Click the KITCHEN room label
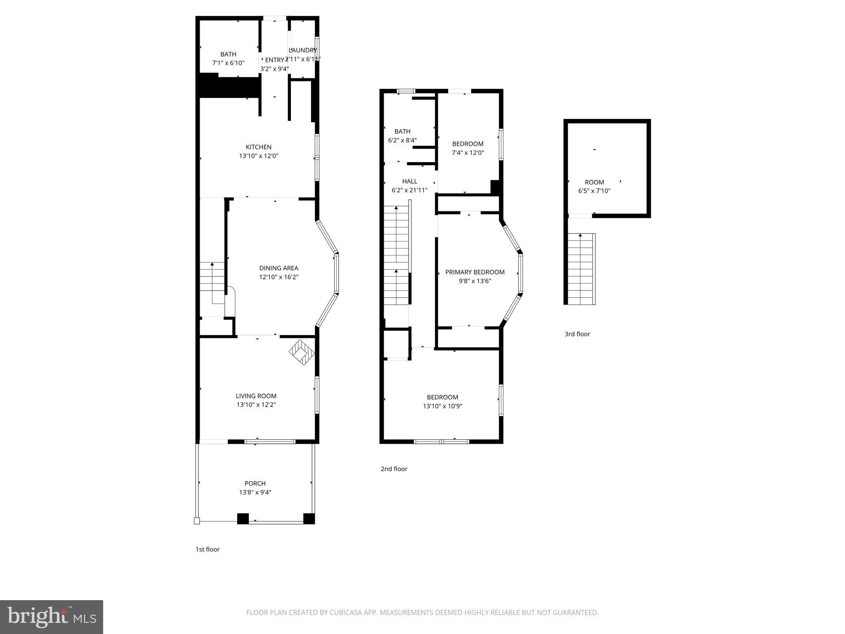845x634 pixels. (x=258, y=147)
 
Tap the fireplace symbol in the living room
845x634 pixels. (x=302, y=352)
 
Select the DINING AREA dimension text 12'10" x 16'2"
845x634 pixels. (x=279, y=277)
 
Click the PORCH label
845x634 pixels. (x=255, y=483)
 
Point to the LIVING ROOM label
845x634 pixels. (x=256, y=396)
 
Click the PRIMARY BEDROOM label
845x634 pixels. (x=474, y=272)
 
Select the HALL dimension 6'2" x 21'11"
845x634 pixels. (x=409, y=190)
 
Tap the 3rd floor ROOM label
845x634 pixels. (x=594, y=182)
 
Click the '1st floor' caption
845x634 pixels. (x=207, y=549)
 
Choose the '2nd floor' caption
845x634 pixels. (x=394, y=469)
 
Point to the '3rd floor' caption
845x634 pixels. (x=577, y=334)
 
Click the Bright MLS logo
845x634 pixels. (x=52, y=617)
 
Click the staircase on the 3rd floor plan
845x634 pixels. (x=581, y=269)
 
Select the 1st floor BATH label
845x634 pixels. (x=228, y=54)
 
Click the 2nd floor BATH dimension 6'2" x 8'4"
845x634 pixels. (x=402, y=140)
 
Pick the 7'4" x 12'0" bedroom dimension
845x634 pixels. (x=467, y=153)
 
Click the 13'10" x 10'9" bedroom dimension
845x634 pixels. (x=442, y=406)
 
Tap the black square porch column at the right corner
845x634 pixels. (x=309, y=518)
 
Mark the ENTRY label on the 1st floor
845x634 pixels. (x=274, y=60)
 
